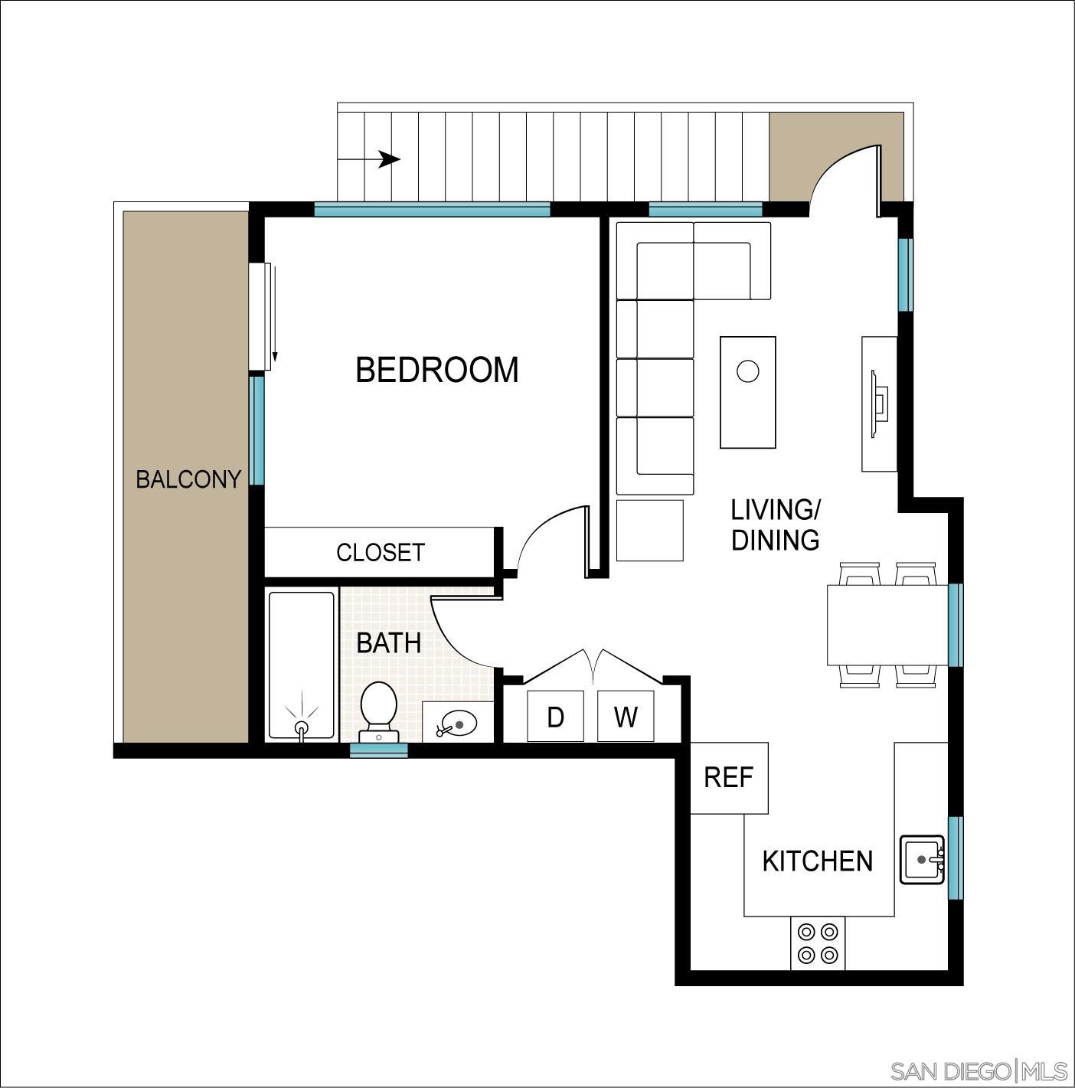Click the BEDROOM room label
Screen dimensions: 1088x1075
(x=437, y=370)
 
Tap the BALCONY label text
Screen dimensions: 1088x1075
(x=188, y=479)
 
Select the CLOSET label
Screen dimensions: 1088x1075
(x=380, y=552)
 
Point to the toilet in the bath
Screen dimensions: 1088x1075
(x=378, y=710)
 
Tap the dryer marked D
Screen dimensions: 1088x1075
(x=555, y=717)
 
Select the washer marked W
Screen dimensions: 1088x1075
(x=626, y=717)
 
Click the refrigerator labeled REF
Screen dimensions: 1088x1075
(x=729, y=778)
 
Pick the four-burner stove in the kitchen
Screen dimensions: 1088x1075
(x=818, y=943)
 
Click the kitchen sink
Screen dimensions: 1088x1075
(x=922, y=860)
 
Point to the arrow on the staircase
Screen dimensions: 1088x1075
(x=389, y=159)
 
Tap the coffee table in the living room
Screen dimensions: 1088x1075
(x=747, y=392)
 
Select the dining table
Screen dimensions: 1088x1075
(x=887, y=625)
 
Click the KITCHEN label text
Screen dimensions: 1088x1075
(x=818, y=861)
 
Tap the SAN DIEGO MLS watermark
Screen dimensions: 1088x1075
(x=979, y=1070)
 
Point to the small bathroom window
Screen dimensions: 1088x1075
(x=378, y=750)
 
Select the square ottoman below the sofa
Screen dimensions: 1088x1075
(x=649, y=531)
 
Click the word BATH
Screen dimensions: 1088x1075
(x=389, y=642)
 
